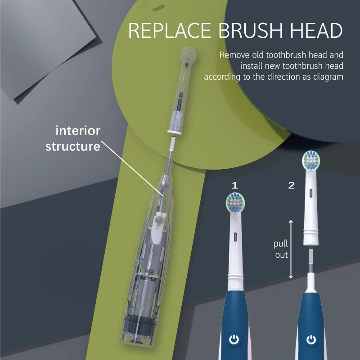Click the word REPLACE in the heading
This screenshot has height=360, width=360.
(169, 31)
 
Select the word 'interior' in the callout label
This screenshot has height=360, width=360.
(78, 131)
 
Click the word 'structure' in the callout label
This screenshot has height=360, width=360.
(72, 146)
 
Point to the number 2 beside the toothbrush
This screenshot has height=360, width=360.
(291, 185)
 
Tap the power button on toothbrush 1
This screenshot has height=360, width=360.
(234, 340)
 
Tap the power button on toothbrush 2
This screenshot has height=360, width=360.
(311, 340)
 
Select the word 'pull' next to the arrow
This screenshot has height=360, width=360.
(281, 244)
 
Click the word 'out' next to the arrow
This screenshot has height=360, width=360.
(281, 255)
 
